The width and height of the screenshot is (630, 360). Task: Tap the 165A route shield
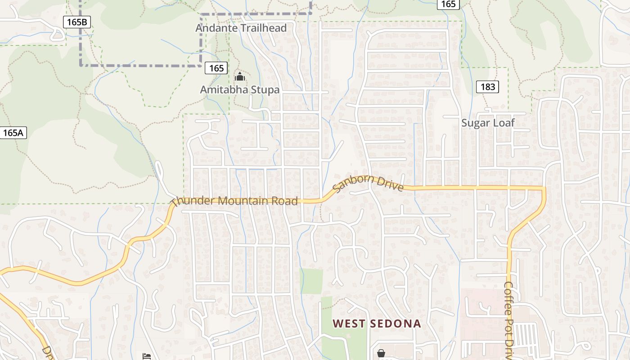click(13, 133)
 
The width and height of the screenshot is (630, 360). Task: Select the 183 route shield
click(488, 86)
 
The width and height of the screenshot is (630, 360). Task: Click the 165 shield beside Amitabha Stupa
click(216, 68)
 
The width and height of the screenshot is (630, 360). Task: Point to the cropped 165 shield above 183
click(448, 4)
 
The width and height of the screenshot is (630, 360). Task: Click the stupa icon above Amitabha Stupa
click(240, 76)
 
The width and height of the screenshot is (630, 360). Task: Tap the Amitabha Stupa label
click(240, 90)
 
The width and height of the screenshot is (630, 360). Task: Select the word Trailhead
click(263, 28)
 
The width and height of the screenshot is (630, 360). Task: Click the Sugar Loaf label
click(488, 123)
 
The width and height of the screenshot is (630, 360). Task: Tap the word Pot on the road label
click(509, 325)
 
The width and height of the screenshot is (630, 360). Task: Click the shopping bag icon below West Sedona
click(381, 353)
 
